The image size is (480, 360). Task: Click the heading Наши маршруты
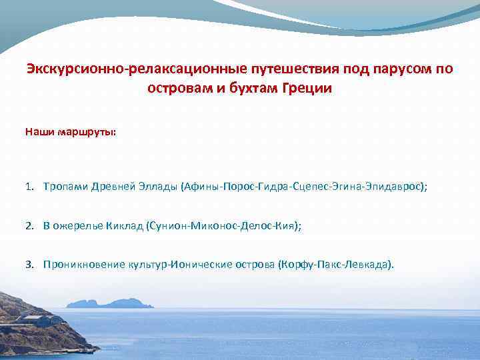coord(70,132)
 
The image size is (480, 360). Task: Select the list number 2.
coord(30,226)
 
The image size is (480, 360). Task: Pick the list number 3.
coord(30,264)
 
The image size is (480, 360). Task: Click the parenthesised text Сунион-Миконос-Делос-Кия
coord(223,226)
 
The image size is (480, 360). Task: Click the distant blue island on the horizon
coord(110,303)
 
